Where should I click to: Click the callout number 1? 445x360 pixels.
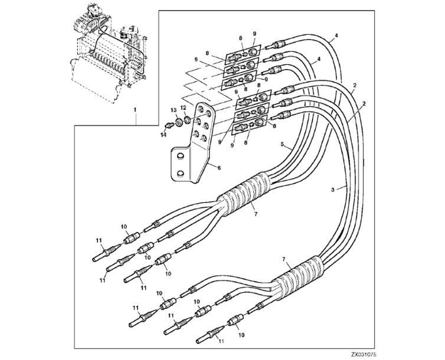(135, 109)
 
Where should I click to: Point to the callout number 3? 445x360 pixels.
(333, 189)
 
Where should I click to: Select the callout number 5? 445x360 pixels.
(282, 144)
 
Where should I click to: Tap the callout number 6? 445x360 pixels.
(219, 168)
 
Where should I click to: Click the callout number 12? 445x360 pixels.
(184, 107)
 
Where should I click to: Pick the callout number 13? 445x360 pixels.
(174, 110)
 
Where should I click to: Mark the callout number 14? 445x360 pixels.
(163, 135)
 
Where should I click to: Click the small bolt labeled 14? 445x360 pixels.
(170, 125)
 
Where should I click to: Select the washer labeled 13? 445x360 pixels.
(179, 122)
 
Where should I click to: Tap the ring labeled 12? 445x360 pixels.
(187, 119)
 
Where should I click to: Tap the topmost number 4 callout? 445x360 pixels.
(336, 35)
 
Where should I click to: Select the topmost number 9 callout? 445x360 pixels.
(254, 34)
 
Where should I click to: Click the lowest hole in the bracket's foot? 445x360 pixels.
(180, 174)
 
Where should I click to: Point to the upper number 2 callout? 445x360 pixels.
(355, 85)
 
